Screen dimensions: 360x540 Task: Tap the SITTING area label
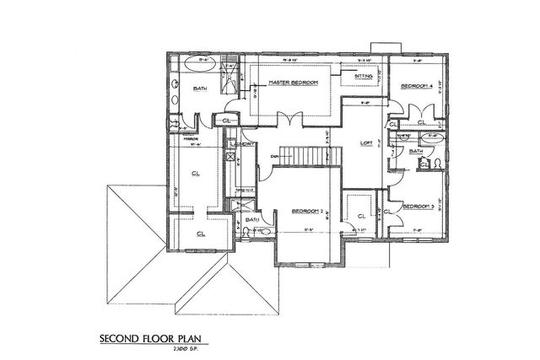[x=364, y=76]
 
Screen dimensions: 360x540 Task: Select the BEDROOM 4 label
[x=416, y=86]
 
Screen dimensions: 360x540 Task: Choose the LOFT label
[x=366, y=142]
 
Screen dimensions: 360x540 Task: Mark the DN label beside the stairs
[x=275, y=155]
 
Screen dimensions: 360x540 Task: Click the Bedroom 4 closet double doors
[x=416, y=110]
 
